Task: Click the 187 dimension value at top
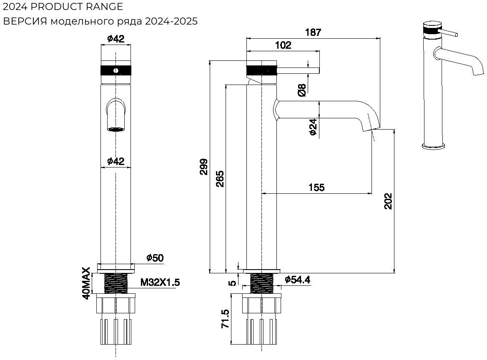313,32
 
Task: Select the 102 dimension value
283,45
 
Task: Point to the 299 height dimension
204,167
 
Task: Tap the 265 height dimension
220,178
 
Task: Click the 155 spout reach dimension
316,187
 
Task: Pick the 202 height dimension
388,201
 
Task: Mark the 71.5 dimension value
226,319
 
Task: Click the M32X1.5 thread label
160,282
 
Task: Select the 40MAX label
86,284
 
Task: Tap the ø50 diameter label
155,258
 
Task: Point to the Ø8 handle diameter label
302,90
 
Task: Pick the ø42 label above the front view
115,39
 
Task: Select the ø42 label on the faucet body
115,161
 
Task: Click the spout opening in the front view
115,129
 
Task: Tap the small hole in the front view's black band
115,70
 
